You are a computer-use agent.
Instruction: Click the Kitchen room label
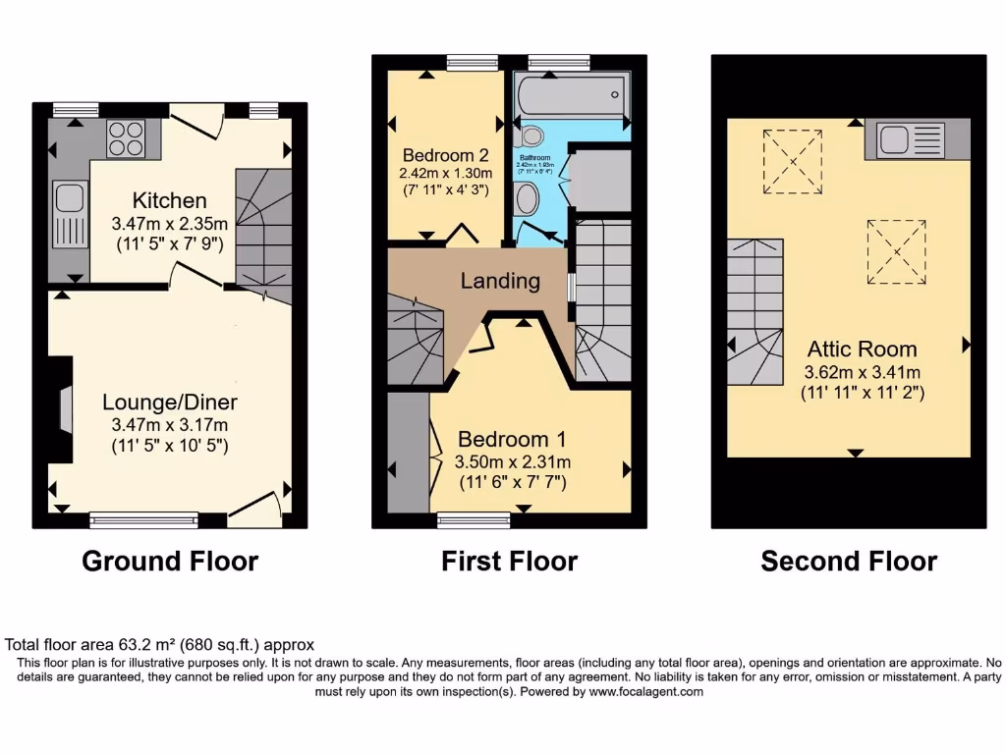[x=170, y=201]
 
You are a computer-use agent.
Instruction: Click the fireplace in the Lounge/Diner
[x=64, y=407]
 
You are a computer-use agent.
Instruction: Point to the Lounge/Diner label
[x=170, y=403]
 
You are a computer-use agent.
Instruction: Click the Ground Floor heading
[x=169, y=562]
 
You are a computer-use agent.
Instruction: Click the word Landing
[x=500, y=282]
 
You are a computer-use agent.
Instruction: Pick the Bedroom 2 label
[x=445, y=155]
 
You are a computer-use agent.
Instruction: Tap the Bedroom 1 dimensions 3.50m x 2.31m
[x=512, y=462]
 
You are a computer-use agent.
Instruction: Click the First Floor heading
[x=509, y=562]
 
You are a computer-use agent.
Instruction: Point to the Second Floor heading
[x=849, y=562]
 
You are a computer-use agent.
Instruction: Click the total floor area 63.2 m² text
[x=159, y=645]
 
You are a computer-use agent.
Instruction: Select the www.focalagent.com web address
[x=645, y=691]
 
